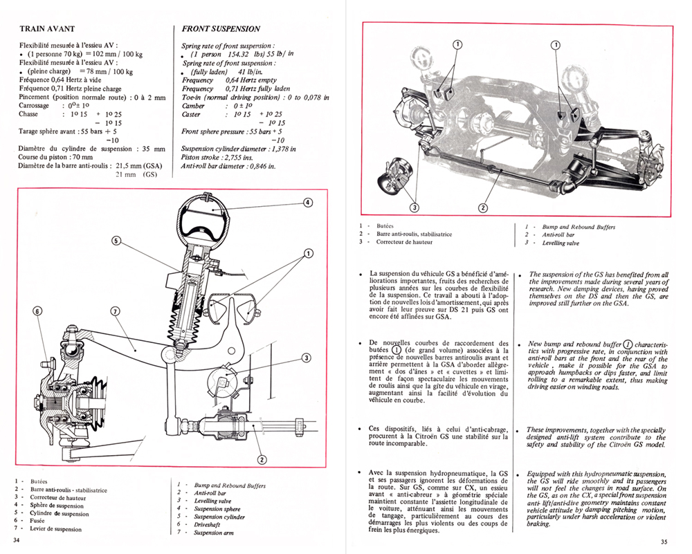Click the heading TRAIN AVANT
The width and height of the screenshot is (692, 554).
[x=47, y=29]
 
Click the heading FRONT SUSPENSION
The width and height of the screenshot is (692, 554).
[x=221, y=29]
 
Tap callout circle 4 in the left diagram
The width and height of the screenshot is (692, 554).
[x=308, y=203]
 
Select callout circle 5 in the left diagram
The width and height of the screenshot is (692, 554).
[x=116, y=241]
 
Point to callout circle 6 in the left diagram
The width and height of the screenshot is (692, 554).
[x=38, y=311]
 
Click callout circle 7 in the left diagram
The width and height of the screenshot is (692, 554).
[x=115, y=311]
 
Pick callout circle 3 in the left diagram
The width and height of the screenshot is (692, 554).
[x=307, y=358]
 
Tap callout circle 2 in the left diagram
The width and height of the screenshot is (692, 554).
[x=262, y=460]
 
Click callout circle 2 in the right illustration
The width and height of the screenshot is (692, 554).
[x=483, y=207]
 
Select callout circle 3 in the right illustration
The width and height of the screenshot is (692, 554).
[x=415, y=207]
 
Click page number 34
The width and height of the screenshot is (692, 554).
[x=17, y=540]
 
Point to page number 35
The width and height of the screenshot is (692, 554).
[x=664, y=542]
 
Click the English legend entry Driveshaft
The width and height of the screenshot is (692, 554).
[x=207, y=525]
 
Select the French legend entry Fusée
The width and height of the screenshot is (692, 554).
[x=37, y=521]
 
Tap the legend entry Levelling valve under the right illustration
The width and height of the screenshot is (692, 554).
[x=561, y=243]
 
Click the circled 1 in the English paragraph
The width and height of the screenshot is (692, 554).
[x=628, y=344]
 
